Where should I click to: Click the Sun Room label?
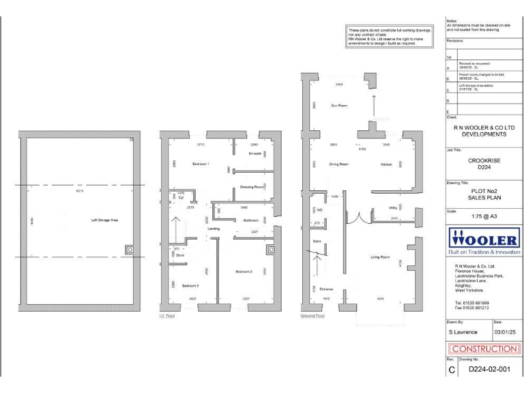pos(339,106)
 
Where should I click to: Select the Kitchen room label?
pos(385,164)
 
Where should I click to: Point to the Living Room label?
pos(379,257)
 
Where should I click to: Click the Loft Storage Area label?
pos(105,220)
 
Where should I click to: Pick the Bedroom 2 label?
pos(244,272)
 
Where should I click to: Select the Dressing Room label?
pos(252,187)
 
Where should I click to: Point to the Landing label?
pos(214,229)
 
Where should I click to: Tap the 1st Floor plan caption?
pos(168,316)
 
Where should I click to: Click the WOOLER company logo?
pos(484,241)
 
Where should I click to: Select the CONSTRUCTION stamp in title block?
pos(484,349)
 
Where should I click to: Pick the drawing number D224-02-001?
pos(486,369)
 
